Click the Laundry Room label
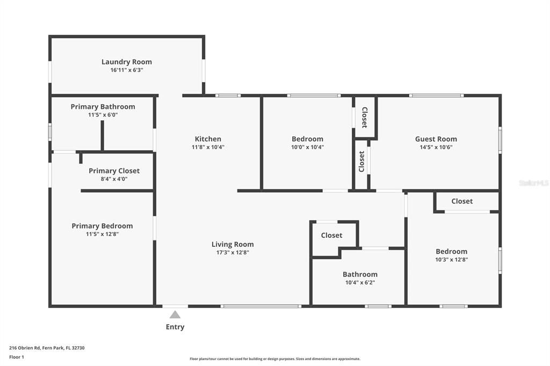pos(127,62)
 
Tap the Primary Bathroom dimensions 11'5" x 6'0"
pos(103,115)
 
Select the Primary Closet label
pos(114,171)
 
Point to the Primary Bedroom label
pos(102,226)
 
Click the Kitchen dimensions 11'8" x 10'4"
pos(208,147)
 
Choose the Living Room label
pos(233,244)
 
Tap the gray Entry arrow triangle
pos(175,315)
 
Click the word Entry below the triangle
pos(175,327)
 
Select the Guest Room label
pos(436,139)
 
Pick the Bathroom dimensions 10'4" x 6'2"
pos(360,282)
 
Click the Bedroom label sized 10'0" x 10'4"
pos(307,139)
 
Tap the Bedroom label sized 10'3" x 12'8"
pos(451,251)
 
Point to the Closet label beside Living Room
pos(331,235)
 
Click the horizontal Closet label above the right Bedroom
pos(462,201)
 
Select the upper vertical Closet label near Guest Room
pos(364,117)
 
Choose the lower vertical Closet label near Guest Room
pos(361,162)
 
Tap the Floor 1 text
pos(17,357)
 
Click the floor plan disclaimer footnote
pos(274,359)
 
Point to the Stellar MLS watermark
pos(533,183)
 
